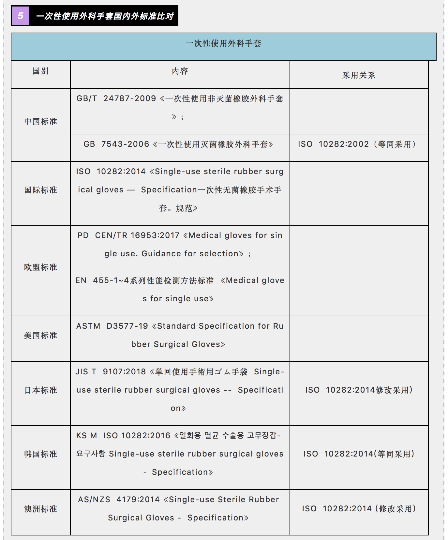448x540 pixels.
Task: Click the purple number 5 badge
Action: point(20,16)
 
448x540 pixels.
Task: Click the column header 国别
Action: point(40,71)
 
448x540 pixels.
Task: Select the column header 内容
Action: point(180,71)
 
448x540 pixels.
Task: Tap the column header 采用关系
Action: point(359,75)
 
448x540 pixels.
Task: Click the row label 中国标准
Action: point(40,122)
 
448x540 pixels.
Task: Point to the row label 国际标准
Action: point(40,190)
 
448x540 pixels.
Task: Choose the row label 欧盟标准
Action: point(40,267)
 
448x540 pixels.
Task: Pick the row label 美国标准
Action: point(40,335)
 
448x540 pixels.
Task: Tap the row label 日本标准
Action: point(40,390)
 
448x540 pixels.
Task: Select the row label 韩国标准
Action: point(40,454)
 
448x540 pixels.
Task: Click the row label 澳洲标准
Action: point(40,509)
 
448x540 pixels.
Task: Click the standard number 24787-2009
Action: point(130,98)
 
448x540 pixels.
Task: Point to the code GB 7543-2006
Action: point(116,144)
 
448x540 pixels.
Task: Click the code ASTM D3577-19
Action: point(112,326)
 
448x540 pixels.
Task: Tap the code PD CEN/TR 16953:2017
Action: point(128,235)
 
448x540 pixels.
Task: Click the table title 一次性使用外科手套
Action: point(223,43)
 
